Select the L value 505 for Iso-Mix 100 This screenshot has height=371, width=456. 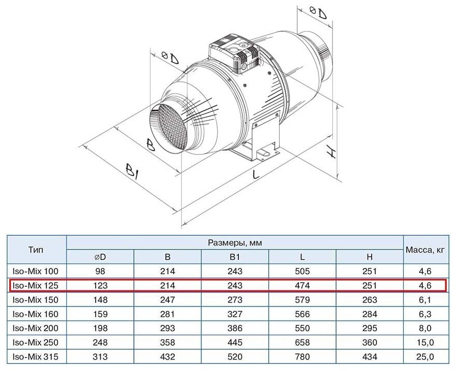coord(302,271)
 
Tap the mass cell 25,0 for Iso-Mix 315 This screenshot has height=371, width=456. coord(424,357)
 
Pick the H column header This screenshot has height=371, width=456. coord(370,256)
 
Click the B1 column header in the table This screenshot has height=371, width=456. coord(235,256)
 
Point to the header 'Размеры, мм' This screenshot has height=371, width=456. coord(235,242)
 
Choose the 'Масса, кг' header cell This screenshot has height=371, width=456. coord(425,249)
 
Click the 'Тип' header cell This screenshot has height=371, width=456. coord(36,249)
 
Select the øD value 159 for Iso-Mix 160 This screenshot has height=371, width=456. coord(100,314)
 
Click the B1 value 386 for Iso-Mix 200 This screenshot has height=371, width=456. coord(235,328)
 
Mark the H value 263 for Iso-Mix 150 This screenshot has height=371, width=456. coord(370,300)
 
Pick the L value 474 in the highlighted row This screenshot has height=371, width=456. coord(302,285)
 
